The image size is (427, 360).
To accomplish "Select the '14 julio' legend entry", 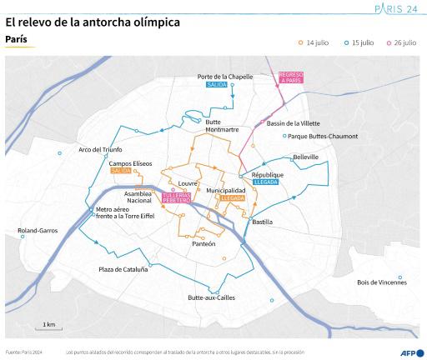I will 316,42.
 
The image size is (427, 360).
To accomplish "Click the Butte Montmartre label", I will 222,126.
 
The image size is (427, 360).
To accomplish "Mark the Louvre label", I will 187,182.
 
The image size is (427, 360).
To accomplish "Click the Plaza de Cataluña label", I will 123,269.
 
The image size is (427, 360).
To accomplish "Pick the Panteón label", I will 203,243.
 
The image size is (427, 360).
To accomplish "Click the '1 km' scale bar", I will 50,326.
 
